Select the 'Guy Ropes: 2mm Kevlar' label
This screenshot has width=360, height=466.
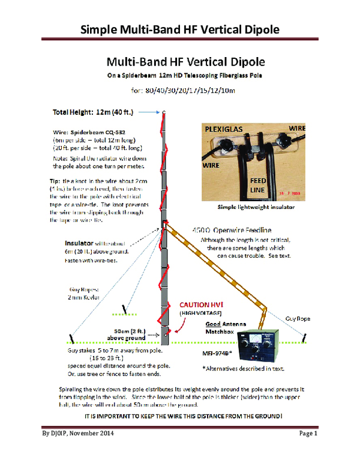point(83,292)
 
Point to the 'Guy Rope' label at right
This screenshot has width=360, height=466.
point(298,319)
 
